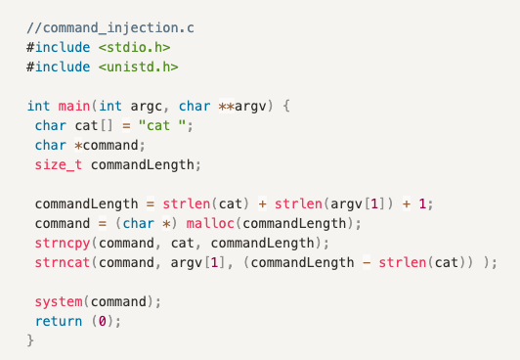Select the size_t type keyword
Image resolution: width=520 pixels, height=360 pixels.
pyautogui.click(x=59, y=164)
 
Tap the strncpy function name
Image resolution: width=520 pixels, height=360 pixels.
pyautogui.click(x=59, y=243)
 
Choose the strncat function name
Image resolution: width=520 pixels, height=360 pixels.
pyautogui.click(x=59, y=262)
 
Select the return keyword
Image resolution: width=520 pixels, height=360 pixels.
pyautogui.click(x=59, y=321)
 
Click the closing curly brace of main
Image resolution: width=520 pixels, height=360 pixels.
pyautogui.click(x=30, y=340)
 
